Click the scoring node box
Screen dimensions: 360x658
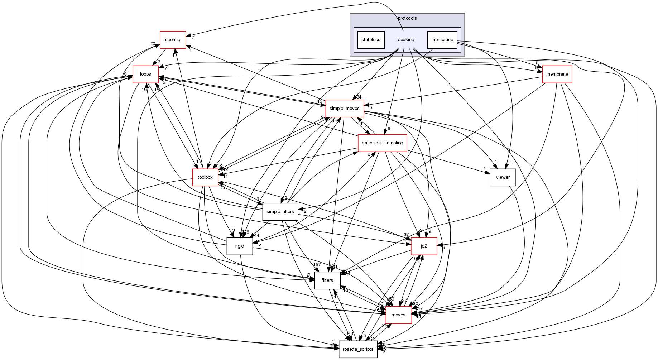point(173,40)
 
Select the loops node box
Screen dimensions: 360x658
point(145,74)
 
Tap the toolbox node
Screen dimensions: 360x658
point(205,177)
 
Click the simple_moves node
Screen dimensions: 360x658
point(345,109)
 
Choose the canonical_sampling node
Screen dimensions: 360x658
point(383,143)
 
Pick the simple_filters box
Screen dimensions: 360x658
point(280,212)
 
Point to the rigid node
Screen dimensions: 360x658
point(240,246)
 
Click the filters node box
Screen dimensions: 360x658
point(327,280)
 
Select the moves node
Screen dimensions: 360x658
point(398,315)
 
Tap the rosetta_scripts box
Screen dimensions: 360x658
point(358,349)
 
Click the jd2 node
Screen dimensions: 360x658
point(424,246)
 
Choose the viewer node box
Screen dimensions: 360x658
point(503,177)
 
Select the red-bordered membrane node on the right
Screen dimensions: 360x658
point(557,74)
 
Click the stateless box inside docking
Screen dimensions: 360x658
point(371,40)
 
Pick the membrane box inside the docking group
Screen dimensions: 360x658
point(442,40)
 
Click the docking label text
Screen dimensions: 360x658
point(406,40)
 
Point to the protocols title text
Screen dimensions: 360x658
point(407,18)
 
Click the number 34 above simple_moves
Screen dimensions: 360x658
point(359,97)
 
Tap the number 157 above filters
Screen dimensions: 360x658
point(317,265)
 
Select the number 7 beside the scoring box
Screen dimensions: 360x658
point(193,37)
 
